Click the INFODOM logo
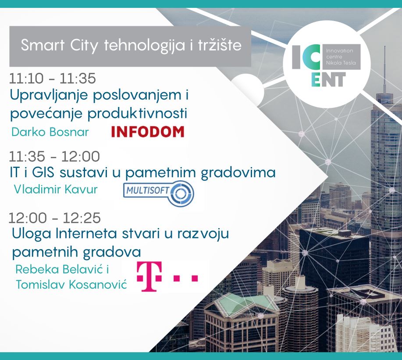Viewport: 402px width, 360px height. click(148, 132)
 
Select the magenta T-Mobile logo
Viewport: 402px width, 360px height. click(167, 276)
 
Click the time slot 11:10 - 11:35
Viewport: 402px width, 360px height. click(52, 78)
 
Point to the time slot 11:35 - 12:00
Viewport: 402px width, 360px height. click(54, 157)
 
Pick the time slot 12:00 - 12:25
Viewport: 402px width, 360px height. click(55, 218)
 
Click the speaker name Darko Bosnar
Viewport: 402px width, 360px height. click(50, 132)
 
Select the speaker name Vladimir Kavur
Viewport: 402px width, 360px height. click(56, 189)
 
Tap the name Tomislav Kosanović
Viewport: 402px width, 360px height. click(71, 285)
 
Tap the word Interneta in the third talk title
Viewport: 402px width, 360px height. click(86, 234)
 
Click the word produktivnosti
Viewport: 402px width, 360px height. click(137, 114)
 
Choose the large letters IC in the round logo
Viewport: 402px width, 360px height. click(306, 57)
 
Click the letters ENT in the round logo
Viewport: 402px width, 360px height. click(328, 79)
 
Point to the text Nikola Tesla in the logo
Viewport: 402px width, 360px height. click(341, 63)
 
